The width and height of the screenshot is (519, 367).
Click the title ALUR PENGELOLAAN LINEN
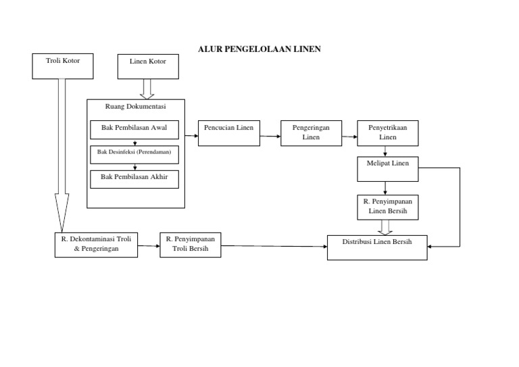[259, 49]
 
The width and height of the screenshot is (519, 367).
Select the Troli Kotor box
[63, 66]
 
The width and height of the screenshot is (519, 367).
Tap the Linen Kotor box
[148, 66]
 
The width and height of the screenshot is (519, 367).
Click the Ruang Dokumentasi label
[136, 106]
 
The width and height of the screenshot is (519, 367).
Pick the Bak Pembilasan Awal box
[134, 130]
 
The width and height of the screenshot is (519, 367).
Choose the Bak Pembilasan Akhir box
[134, 178]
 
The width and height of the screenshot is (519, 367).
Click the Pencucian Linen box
[228, 132]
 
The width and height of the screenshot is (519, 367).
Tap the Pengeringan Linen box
[311, 132]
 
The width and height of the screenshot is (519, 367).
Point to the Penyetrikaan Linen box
[388, 132]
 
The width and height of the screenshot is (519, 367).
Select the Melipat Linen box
[388, 168]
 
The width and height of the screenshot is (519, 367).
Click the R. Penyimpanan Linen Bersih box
[388, 207]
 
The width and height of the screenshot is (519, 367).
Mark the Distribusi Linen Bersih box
[377, 247]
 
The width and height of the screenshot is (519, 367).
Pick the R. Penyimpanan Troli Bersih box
[191, 245]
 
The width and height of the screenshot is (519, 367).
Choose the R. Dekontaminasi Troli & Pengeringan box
[96, 245]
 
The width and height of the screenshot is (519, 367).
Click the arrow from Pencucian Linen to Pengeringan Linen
[270, 137]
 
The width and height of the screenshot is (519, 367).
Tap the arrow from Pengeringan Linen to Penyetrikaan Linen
[349, 137]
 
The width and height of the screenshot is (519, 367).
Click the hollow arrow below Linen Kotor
[148, 89]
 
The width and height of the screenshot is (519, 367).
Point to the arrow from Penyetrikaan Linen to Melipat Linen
[385, 151]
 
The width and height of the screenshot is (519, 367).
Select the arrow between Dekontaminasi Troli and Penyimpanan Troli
[149, 247]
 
